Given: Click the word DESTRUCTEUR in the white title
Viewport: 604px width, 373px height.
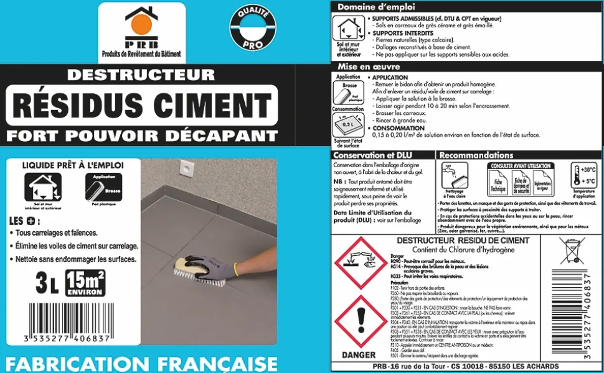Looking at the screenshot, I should [141, 75].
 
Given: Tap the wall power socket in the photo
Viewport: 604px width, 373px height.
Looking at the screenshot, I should [185, 167].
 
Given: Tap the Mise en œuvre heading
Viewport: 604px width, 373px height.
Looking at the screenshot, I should [364, 67].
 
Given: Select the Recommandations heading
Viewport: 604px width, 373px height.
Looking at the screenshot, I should [477, 155].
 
